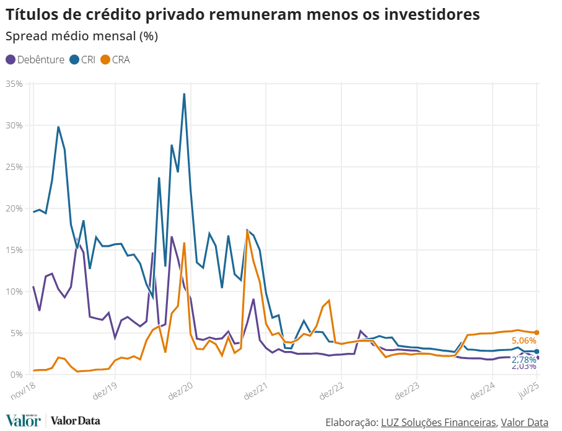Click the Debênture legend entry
click(x=35, y=60)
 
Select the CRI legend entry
click(x=82, y=60)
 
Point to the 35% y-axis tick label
click(x=14, y=83)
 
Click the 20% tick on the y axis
click(x=14, y=208)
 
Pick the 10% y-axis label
click(x=14, y=291)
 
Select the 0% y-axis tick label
click(x=16, y=375)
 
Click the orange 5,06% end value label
click(x=524, y=340)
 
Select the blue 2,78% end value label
click(x=524, y=360)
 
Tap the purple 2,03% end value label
click(x=524, y=367)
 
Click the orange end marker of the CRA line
click(x=537, y=332)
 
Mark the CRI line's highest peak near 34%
click(x=184, y=94)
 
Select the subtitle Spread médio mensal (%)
click(x=82, y=36)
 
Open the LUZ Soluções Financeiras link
click(x=439, y=422)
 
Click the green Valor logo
click(x=23, y=420)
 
